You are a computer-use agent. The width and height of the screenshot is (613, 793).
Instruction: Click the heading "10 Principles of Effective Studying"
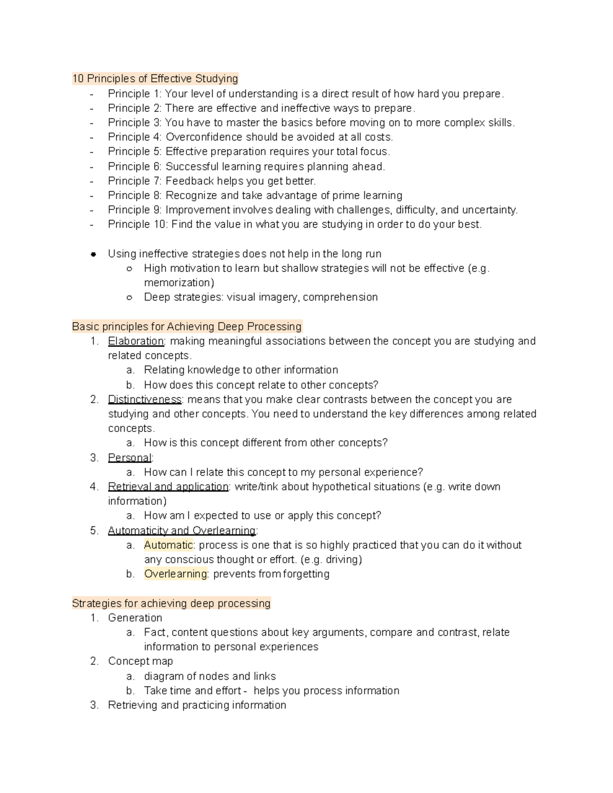(155, 79)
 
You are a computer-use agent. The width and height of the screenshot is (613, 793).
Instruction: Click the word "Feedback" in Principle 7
(190, 181)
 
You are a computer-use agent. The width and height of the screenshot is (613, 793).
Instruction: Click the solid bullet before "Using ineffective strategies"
(93, 254)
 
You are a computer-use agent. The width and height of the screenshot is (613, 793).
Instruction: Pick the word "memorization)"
(179, 283)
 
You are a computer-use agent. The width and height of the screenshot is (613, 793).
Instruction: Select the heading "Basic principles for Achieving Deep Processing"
(187, 327)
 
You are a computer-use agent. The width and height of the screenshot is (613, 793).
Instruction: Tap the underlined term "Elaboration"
(136, 341)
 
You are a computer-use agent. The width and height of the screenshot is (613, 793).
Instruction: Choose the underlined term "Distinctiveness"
(145, 399)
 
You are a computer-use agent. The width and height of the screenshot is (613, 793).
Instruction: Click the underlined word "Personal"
(130, 458)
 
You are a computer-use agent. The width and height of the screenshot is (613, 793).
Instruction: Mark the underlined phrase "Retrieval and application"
(168, 487)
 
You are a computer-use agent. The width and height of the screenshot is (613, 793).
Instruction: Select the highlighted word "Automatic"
(168, 545)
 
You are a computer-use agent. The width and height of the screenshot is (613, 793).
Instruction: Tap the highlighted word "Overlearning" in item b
(176, 574)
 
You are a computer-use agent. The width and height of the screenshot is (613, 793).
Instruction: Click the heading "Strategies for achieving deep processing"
(171, 604)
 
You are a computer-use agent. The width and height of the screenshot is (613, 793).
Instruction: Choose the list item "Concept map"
(140, 661)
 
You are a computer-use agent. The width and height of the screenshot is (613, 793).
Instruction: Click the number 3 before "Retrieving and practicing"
(94, 705)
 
